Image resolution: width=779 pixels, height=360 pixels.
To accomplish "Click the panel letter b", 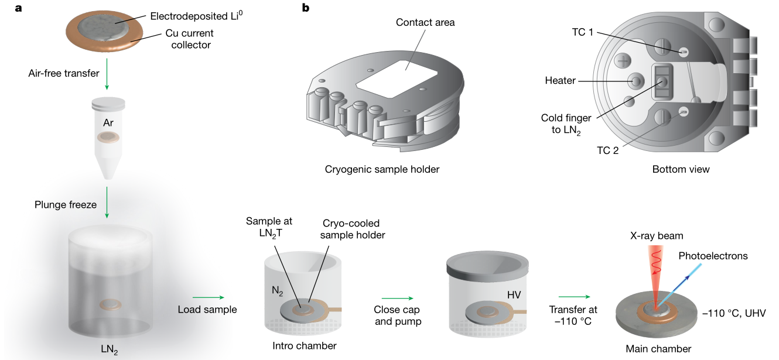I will (306, 8).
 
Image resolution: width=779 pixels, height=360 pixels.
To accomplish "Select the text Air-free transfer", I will (64, 73).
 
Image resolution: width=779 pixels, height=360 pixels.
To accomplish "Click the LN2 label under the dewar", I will (110, 350).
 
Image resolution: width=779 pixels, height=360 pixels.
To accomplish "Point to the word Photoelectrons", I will (713, 256).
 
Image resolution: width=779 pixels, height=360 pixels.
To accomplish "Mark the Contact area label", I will (425, 23).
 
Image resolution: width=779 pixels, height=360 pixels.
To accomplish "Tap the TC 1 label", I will (583, 33).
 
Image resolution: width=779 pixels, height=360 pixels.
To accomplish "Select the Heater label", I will (561, 80).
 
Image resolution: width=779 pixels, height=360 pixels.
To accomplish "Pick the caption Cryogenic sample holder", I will (382, 169).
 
